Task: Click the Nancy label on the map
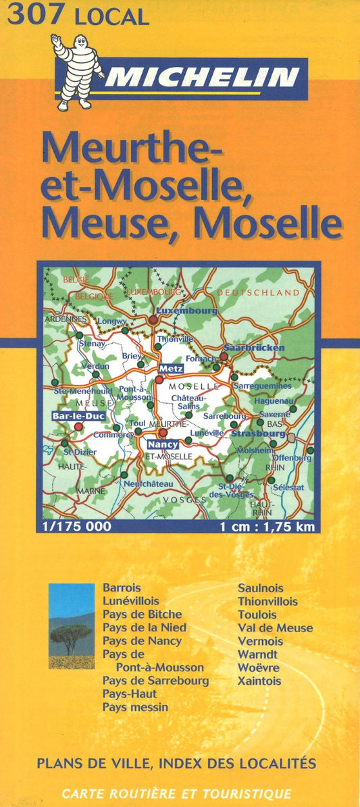(x=162, y=444)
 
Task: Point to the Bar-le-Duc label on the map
(x=78, y=416)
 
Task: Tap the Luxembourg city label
(x=186, y=311)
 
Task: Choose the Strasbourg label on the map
(x=258, y=434)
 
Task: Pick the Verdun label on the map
(x=95, y=366)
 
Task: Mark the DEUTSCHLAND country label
(x=258, y=292)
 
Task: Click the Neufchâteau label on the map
(x=148, y=484)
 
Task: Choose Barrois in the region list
(x=122, y=588)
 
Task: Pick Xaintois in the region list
(x=259, y=681)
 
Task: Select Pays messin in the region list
(x=135, y=707)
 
